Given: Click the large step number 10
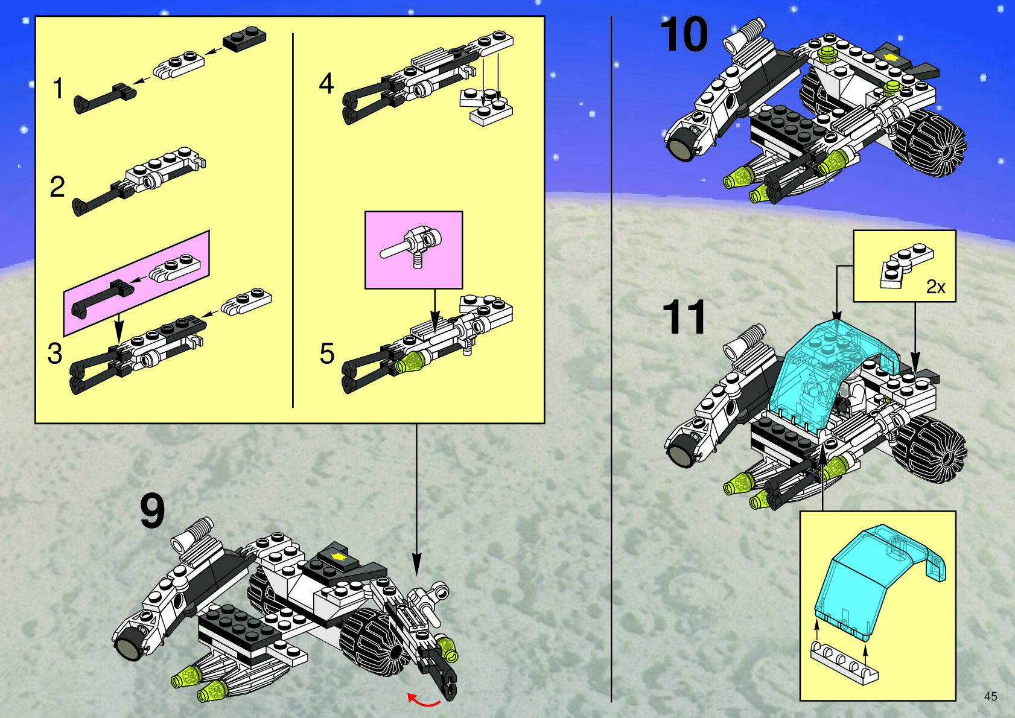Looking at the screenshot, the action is pos(683,34).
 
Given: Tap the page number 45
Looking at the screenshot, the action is pos(990,696).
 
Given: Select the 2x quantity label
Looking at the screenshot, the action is pos(935,287).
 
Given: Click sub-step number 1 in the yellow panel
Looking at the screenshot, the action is pos(58,89).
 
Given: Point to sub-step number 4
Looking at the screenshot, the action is pos(326,83).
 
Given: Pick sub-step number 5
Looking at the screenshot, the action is pos(326,354).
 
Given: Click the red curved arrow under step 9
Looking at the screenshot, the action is pos(424,700).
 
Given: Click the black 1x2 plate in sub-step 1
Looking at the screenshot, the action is pos(244,38).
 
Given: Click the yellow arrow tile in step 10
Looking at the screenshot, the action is pos(889,57).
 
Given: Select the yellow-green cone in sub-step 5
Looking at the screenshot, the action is pos(410,362).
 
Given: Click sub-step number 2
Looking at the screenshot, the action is pos(57,186).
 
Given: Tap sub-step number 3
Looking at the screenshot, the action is pos(55,354).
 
